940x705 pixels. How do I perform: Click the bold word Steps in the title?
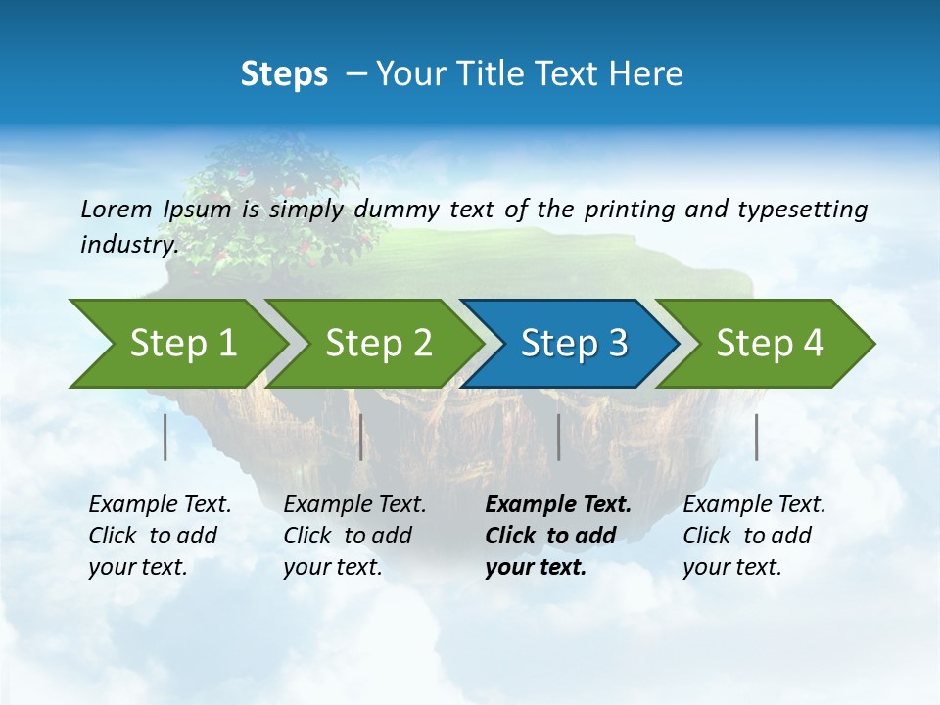(x=284, y=74)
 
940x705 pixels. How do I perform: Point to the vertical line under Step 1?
(x=165, y=437)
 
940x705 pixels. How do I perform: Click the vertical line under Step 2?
(x=361, y=437)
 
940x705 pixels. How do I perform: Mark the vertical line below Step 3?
(x=559, y=437)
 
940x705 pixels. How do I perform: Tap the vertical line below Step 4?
(x=757, y=437)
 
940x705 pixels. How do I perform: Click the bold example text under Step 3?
(x=557, y=536)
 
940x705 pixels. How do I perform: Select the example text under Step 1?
(x=160, y=536)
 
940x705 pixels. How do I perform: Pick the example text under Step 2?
(x=354, y=536)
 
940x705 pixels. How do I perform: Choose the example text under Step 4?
(x=754, y=536)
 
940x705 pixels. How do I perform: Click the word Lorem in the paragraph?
(x=117, y=210)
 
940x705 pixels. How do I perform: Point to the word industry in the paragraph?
(x=128, y=245)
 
